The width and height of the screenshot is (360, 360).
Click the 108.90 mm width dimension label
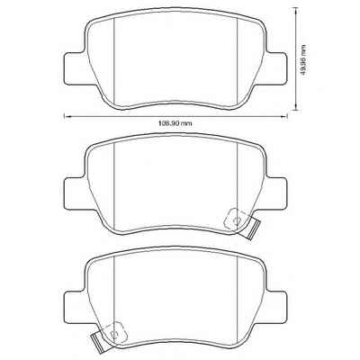pyautogui.click(x=175, y=123)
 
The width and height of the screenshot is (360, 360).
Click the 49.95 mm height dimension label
pyautogui.click(x=304, y=62)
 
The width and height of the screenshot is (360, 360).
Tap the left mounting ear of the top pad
pyautogui.click(x=75, y=68)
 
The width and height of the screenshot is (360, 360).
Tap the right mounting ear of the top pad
pyautogui.click(x=276, y=68)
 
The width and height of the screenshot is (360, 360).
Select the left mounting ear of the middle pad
pyautogui.click(x=75, y=193)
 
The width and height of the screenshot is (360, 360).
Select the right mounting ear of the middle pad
pyautogui.click(x=276, y=193)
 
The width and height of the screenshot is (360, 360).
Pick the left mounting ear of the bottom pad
pyautogui.click(x=75, y=306)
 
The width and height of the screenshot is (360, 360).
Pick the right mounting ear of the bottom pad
pyautogui.click(x=276, y=306)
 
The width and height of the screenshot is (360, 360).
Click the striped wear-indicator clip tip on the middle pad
pyautogui.click(x=253, y=229)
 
